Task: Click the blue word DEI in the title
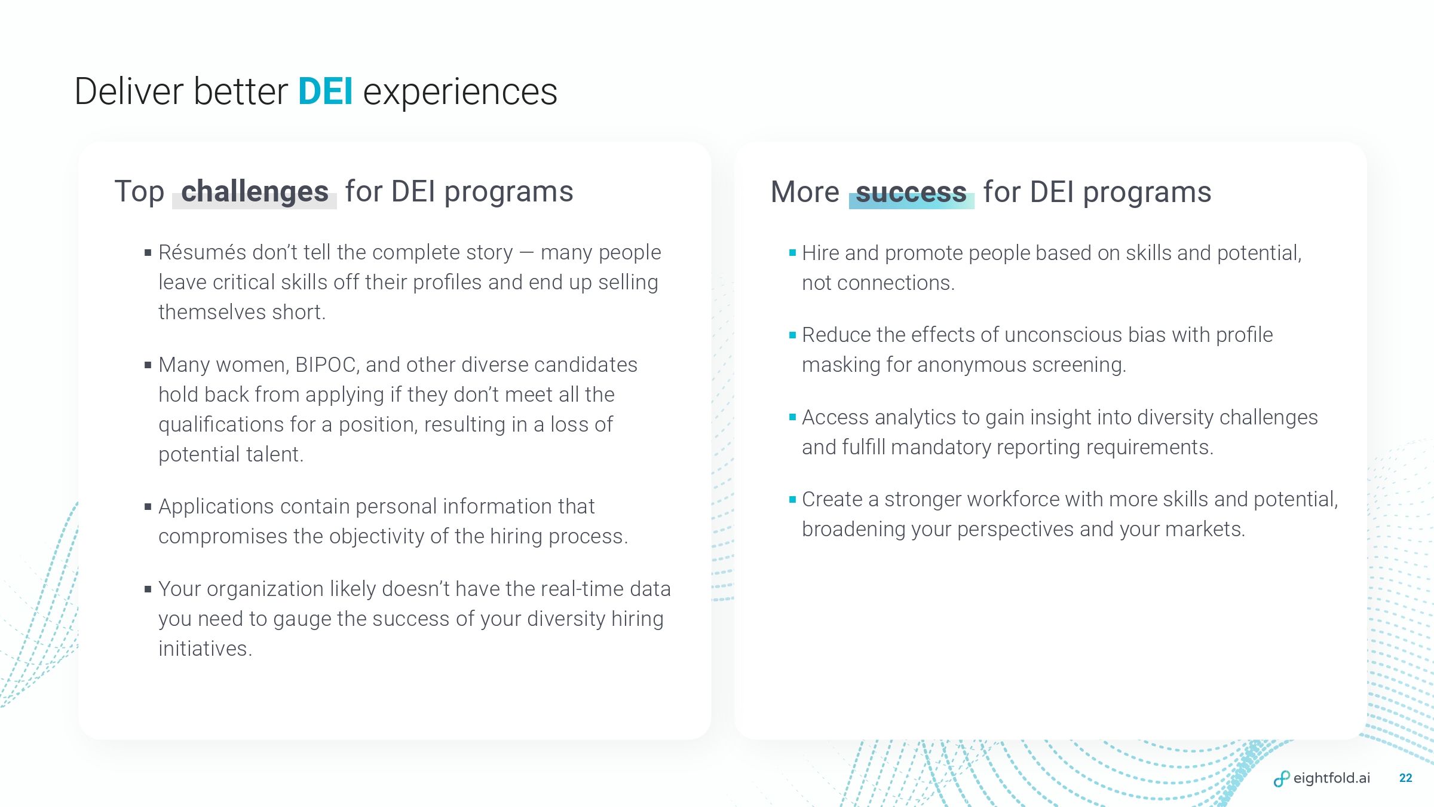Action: pyautogui.click(x=326, y=91)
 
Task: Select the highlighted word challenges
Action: pyautogui.click(x=255, y=192)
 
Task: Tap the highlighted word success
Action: pyautogui.click(x=911, y=192)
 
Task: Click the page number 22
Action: pyautogui.click(x=1406, y=778)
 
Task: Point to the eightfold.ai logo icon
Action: pyautogui.click(x=1281, y=778)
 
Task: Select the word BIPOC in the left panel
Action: pyautogui.click(x=326, y=365)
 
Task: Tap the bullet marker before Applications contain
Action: pyautogui.click(x=148, y=507)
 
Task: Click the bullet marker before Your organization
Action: pyautogui.click(x=148, y=589)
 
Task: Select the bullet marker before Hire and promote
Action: pyautogui.click(x=792, y=253)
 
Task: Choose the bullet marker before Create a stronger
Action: pyautogui.click(x=792, y=499)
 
